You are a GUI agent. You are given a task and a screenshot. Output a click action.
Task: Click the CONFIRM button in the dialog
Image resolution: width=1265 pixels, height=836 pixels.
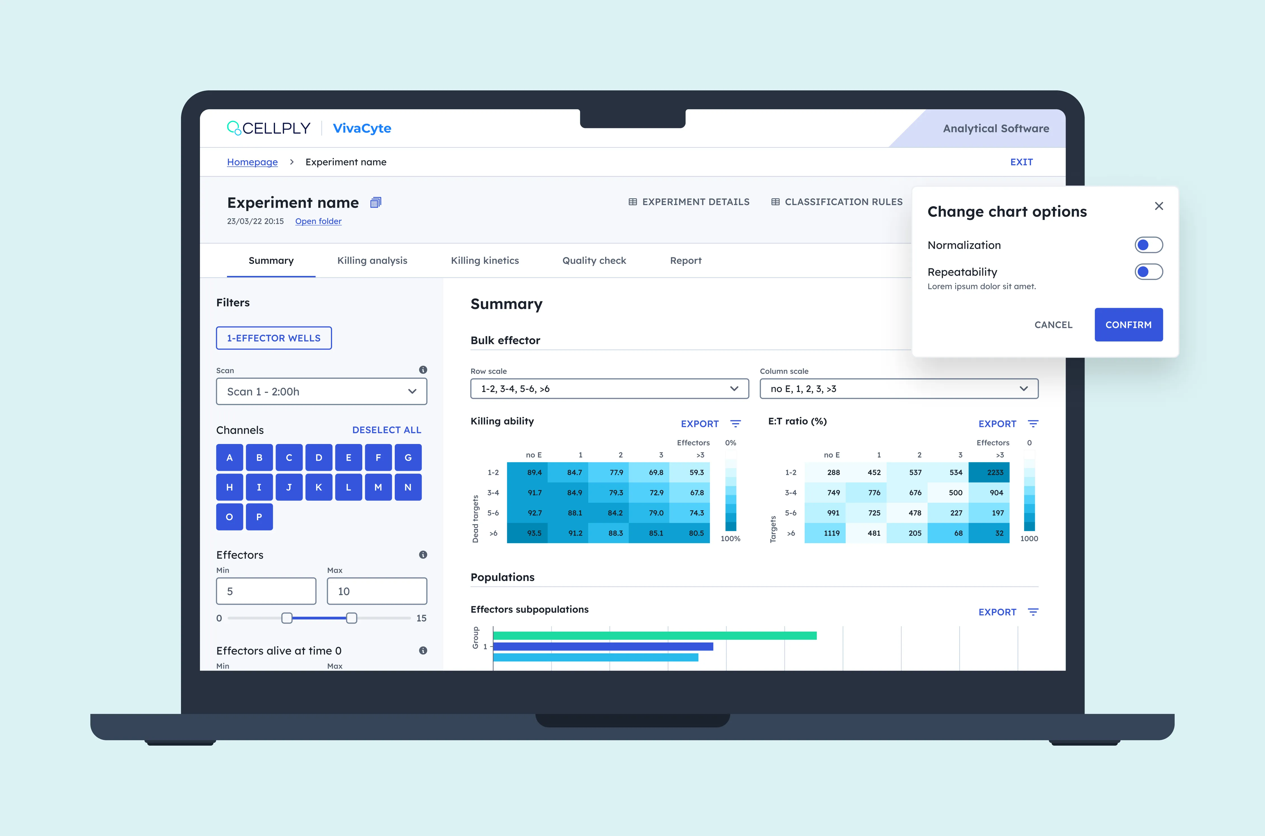pos(1129,325)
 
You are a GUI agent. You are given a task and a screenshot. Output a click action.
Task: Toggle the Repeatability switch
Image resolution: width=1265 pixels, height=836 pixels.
pos(1149,272)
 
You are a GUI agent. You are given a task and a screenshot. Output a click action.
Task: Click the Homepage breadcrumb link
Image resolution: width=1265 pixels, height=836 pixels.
pos(252,162)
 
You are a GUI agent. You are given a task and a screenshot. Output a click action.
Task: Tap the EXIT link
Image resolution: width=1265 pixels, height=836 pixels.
pos(1021,162)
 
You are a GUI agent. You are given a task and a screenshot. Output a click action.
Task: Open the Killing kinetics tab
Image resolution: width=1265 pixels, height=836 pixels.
pos(485,261)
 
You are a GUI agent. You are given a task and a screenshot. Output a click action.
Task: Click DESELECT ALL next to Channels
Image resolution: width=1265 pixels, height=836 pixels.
pos(387,430)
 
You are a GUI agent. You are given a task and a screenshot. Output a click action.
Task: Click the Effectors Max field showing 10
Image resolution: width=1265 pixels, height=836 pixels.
pos(377,591)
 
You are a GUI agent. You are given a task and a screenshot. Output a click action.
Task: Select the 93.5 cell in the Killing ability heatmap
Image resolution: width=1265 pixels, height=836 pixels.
pos(527,533)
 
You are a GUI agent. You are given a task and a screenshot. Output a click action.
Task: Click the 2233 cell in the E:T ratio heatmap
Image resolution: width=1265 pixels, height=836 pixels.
pos(989,473)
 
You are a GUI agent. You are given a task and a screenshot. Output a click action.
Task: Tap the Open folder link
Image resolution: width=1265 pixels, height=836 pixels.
pos(318,221)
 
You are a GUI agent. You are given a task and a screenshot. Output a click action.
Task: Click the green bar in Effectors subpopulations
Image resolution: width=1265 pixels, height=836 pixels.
pos(655,635)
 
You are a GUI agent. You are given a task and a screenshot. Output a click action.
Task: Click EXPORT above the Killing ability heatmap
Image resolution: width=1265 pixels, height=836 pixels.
pos(699,424)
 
